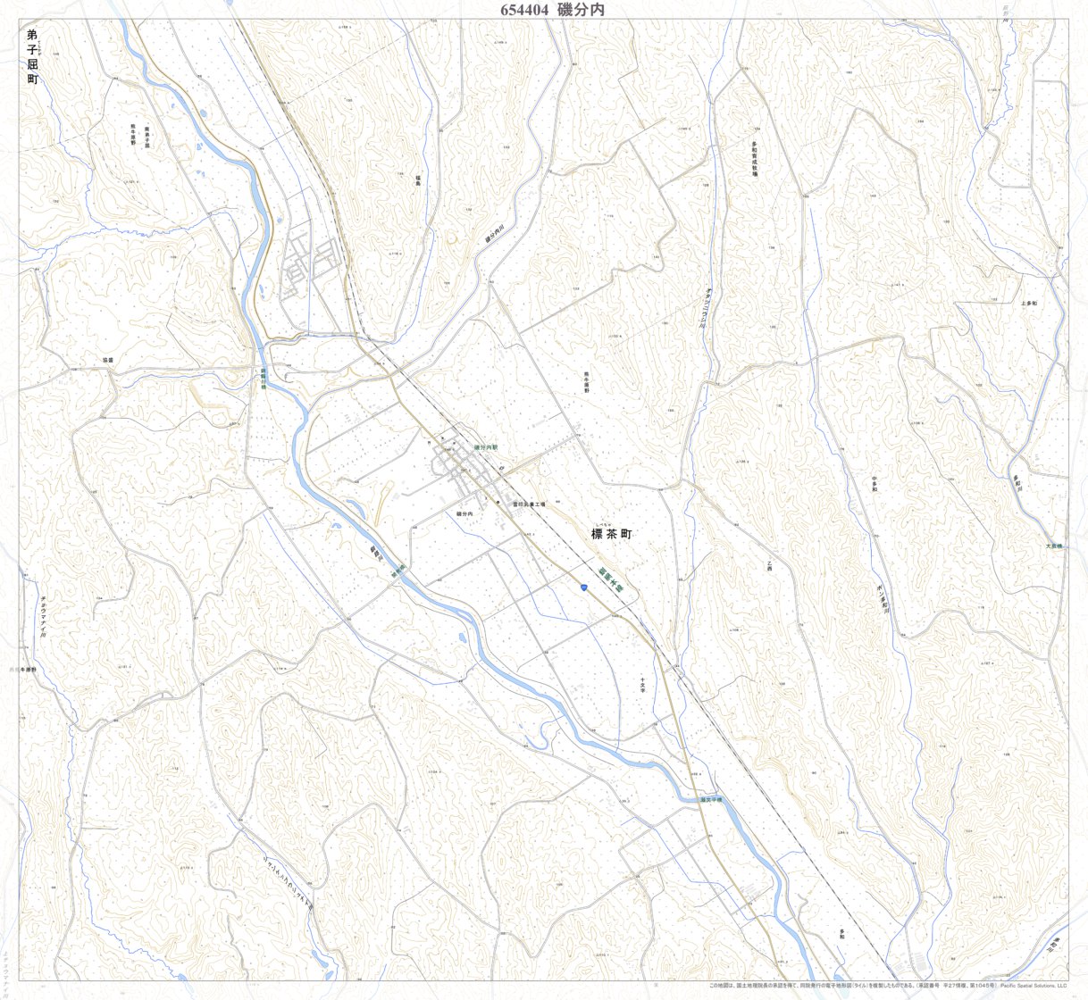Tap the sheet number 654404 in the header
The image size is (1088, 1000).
click(524, 10)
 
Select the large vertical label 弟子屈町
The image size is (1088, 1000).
click(33, 57)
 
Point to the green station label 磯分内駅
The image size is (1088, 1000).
click(485, 446)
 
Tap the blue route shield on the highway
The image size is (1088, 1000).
click(582, 587)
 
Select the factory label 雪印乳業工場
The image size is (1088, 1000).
click(529, 504)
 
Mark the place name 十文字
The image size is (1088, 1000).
click(641, 685)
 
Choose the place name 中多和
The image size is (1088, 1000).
click(875, 484)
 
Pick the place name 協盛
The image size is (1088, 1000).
click(108, 360)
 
